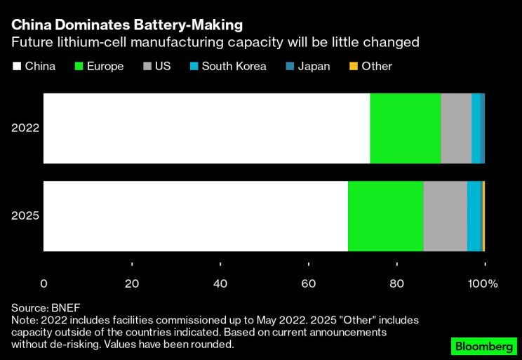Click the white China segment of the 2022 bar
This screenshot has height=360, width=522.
[207, 128]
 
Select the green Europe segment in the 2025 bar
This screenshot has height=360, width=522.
[385, 216]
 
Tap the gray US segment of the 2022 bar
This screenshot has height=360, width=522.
[456, 128]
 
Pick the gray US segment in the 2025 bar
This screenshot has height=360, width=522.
[445, 216]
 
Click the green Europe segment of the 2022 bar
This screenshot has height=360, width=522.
[405, 128]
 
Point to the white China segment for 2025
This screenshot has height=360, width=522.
[196, 216]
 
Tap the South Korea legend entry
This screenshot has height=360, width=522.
[234, 67]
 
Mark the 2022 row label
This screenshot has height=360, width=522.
[25, 128]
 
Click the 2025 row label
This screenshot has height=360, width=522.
[25, 216]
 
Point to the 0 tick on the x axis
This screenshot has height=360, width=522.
[44, 284]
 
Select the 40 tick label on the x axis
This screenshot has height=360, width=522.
[220, 284]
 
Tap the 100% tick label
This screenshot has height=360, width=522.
[483, 284]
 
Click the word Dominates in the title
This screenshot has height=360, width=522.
[88, 25]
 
